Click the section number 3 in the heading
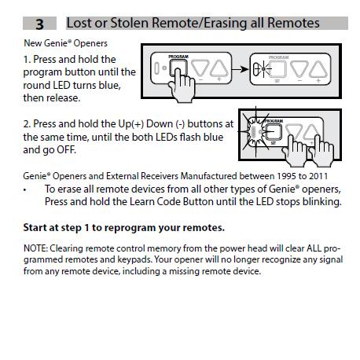pos(39,24)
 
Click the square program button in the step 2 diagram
pos(274,129)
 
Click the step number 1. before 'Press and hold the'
pos(28,59)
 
